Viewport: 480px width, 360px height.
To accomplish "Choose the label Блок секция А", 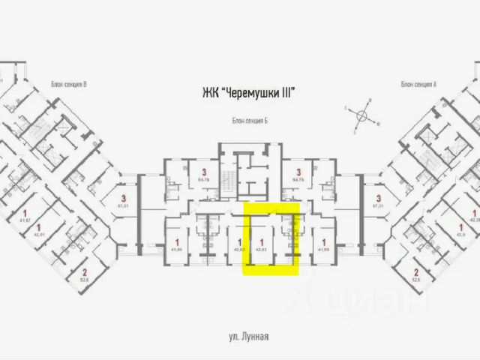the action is pyautogui.click(x=418, y=84).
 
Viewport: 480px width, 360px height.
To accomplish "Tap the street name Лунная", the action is pyautogui.click(x=253, y=339).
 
